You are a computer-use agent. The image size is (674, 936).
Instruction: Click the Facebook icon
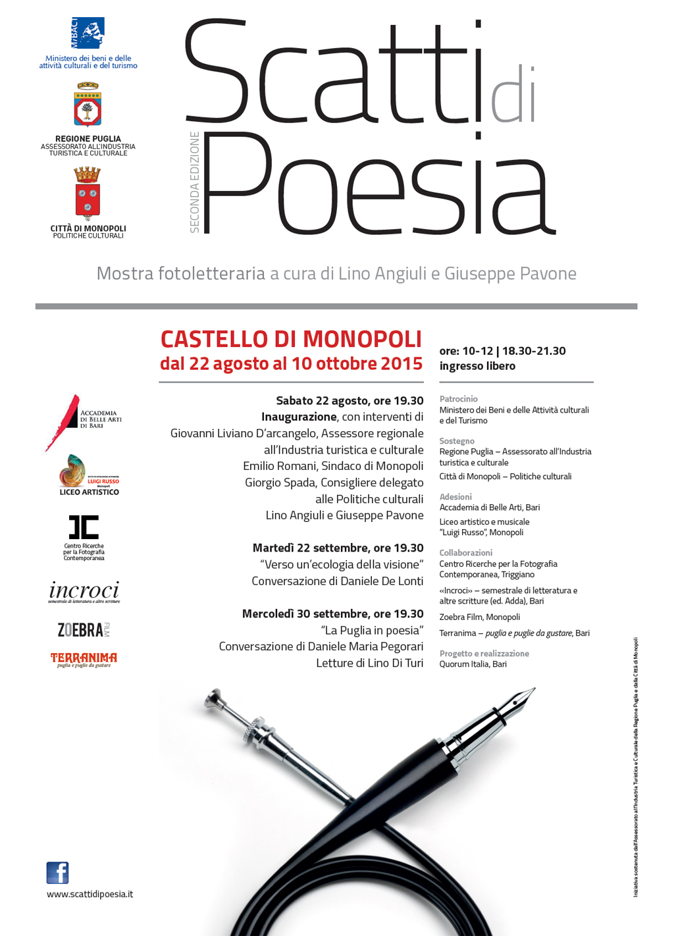58,873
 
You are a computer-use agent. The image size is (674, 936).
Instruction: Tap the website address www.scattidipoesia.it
90,894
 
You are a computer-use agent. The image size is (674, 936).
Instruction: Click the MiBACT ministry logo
88,33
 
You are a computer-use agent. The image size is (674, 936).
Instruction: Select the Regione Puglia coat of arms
88,105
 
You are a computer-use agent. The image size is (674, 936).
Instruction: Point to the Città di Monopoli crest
88,193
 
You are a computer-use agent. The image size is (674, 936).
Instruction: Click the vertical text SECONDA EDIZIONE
194,182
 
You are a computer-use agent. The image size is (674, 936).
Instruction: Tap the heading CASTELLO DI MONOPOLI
291,339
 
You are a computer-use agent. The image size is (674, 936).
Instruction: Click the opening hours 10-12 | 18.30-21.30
513,351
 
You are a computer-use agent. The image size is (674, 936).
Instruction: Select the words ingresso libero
477,366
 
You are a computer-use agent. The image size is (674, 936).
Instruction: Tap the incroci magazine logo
84,591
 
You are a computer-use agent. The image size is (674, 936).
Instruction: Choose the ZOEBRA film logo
83,630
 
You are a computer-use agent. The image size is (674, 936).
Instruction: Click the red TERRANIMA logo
84,660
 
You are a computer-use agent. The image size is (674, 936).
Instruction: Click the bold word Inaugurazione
299,417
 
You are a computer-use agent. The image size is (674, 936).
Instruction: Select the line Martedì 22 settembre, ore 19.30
338,548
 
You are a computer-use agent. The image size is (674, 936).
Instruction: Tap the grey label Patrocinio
459,399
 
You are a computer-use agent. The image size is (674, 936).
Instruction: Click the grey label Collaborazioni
466,553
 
